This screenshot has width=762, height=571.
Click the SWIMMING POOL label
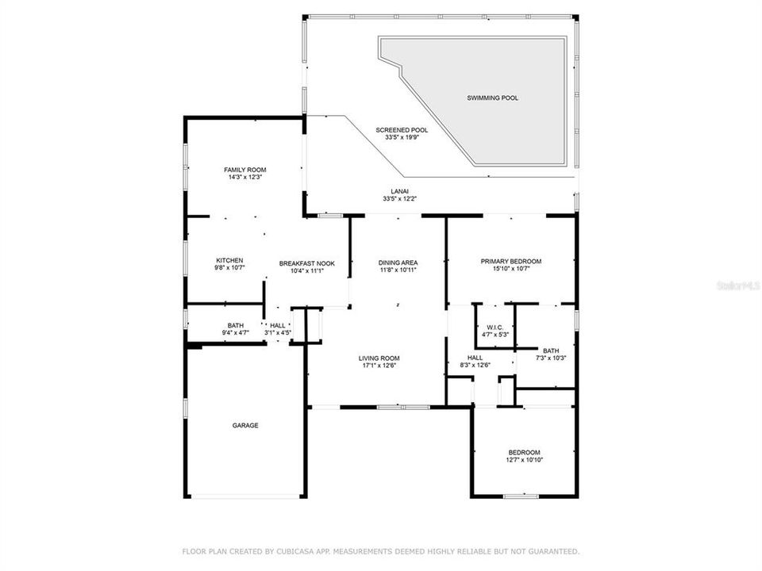click(x=492, y=98)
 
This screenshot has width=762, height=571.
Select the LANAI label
click(x=400, y=190)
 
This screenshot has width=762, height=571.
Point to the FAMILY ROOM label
click(x=244, y=170)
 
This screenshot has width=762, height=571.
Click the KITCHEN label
click(x=229, y=261)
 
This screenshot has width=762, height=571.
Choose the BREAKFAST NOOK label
click(x=301, y=263)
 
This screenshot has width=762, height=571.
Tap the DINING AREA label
click(x=398, y=263)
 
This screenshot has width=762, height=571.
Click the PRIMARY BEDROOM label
click(x=510, y=262)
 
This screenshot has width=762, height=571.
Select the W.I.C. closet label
click(x=495, y=327)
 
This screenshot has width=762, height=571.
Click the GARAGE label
click(x=244, y=426)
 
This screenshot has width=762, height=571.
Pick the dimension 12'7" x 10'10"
click(x=524, y=460)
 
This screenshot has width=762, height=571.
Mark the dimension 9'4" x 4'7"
click(x=236, y=333)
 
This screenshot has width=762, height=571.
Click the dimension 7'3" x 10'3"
click(x=551, y=358)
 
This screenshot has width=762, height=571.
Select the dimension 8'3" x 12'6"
click(x=475, y=366)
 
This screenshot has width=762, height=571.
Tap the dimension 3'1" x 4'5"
click(x=278, y=333)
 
